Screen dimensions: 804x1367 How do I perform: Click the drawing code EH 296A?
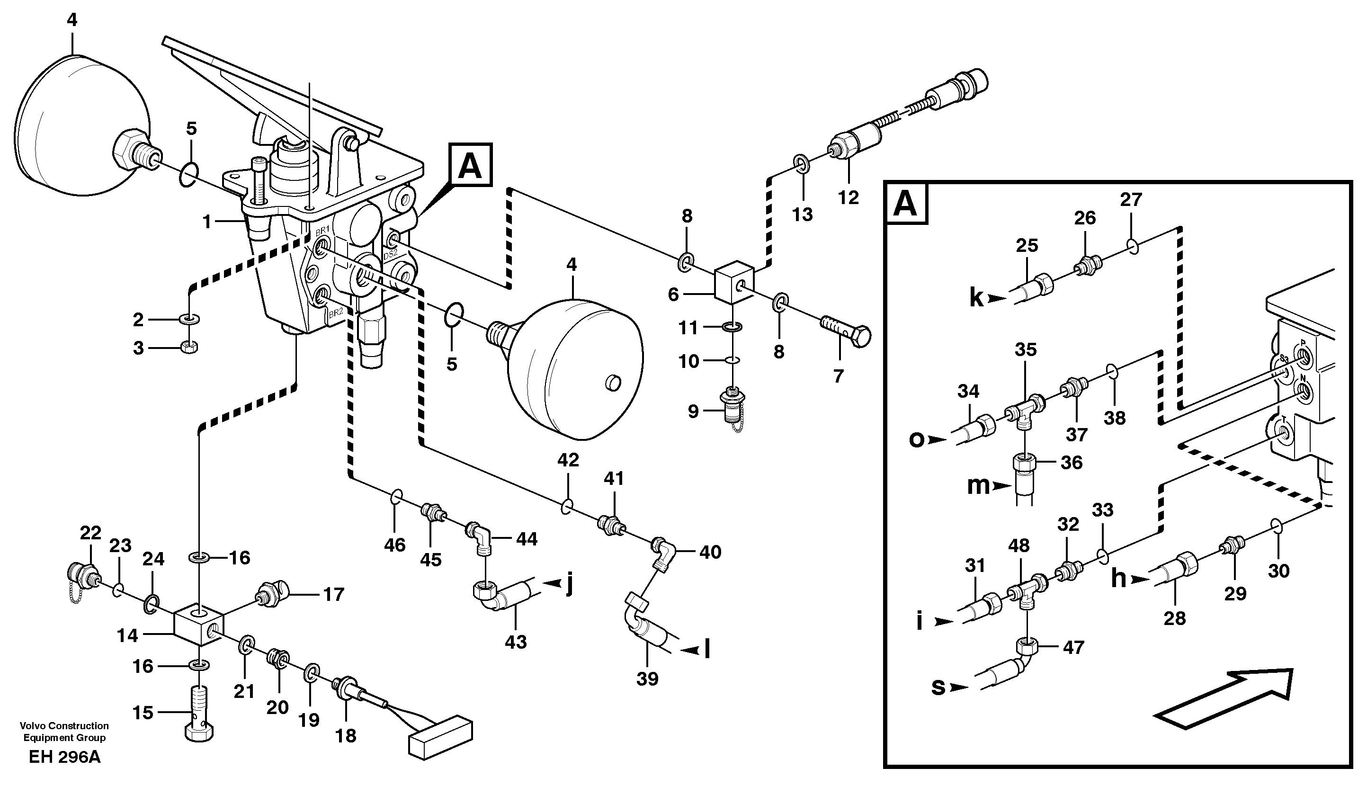click(64, 757)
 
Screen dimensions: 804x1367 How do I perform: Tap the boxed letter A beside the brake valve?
click(470, 165)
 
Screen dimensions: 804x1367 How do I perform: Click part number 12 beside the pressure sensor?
click(849, 197)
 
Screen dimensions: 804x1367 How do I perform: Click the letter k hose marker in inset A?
click(976, 298)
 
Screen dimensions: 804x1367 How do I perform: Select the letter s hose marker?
click(938, 687)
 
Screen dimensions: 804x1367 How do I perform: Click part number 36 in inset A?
click(1072, 462)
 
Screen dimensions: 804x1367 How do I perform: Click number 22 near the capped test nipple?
click(90, 533)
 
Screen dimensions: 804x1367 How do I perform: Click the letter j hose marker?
click(570, 584)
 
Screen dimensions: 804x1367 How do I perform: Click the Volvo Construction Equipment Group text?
click(64, 731)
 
